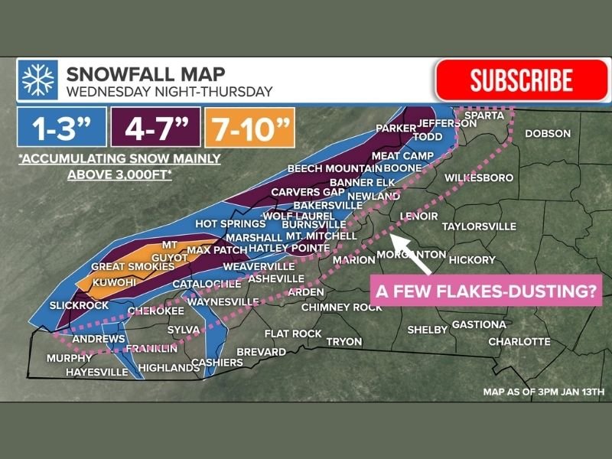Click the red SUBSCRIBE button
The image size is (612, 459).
pos(521,80)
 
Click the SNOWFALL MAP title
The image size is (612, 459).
pos(145,74)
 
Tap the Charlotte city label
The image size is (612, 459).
pos(519,341)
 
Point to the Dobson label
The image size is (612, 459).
pos(547,134)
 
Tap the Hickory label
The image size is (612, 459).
pos(472,260)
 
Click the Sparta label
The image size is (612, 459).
pos(483,116)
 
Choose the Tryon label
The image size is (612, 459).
pos(344,341)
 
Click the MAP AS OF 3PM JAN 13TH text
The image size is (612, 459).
pos(543,392)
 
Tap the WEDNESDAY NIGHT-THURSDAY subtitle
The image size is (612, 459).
pos(169,93)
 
